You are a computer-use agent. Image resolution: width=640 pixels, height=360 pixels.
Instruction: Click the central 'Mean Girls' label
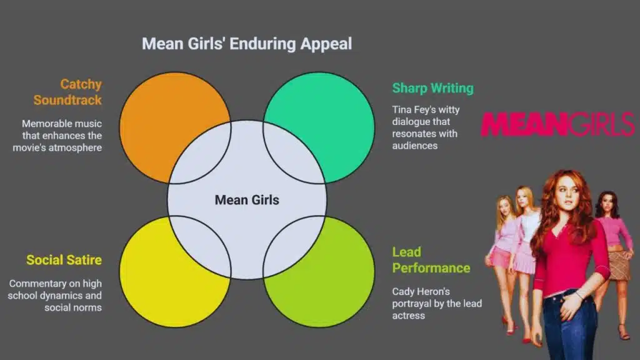pos(247,200)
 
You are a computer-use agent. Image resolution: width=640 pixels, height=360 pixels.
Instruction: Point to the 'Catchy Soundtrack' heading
pos(67,92)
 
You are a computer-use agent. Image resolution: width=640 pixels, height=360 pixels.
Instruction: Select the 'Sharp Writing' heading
pos(432,88)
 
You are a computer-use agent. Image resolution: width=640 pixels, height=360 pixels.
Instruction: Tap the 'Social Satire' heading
pos(64,260)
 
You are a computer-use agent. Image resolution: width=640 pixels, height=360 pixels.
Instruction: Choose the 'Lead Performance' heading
pos(431,260)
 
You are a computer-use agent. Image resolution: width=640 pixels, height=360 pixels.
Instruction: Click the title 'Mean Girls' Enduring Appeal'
pos(247,44)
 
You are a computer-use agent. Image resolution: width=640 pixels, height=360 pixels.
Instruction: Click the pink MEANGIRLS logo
pos(557,124)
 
